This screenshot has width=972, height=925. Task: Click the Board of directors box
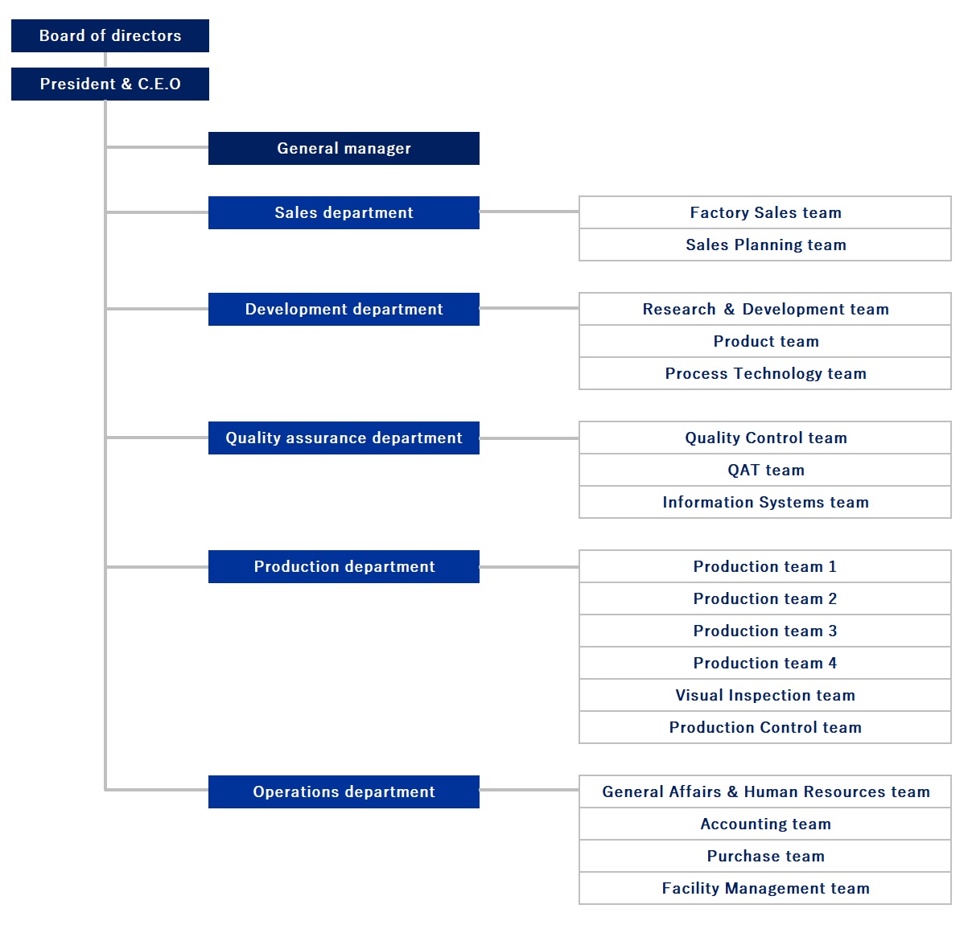click(109, 35)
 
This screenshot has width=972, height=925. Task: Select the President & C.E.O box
click(109, 84)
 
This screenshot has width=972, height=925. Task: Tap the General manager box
click(344, 148)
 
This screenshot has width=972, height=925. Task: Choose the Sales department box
click(344, 212)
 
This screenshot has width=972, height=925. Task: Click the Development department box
click(344, 309)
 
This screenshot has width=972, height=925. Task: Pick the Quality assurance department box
click(344, 438)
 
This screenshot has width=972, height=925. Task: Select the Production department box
click(344, 566)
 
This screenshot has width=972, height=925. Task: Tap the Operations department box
click(344, 791)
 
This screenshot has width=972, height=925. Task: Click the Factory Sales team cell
click(765, 212)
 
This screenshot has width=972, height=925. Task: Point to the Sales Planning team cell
click(765, 245)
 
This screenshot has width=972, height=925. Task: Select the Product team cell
click(765, 341)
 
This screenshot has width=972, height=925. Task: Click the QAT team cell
click(765, 470)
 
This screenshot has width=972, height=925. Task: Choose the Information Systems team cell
click(765, 502)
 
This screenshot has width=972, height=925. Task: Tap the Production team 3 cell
click(765, 631)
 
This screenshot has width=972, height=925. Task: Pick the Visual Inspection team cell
click(765, 695)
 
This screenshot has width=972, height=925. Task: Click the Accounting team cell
click(765, 824)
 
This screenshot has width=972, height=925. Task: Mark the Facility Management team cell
click(765, 888)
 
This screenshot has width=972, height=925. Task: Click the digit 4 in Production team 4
click(833, 663)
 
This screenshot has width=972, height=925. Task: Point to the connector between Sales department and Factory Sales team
click(529, 212)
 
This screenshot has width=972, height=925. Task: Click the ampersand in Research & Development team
click(729, 309)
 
